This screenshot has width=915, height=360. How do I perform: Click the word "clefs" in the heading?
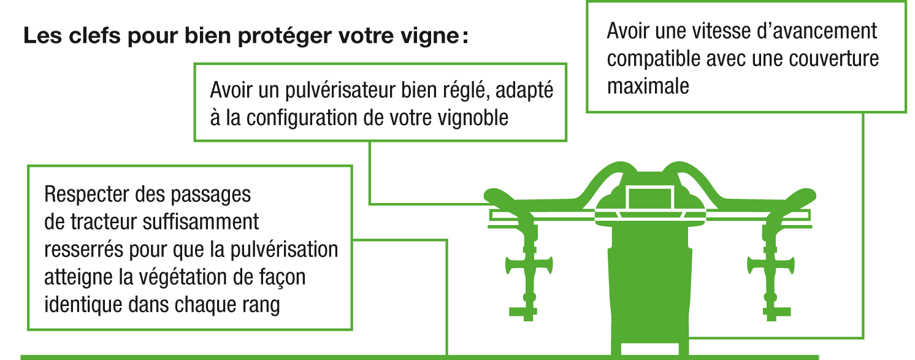coord(94,36)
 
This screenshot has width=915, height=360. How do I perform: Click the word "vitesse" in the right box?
coord(720,31)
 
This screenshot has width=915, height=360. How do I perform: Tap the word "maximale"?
coord(648,86)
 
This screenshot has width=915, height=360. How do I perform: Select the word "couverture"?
coord(833,58)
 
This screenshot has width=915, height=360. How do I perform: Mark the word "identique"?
coord(83,305)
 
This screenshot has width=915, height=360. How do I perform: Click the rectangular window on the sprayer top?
coord(649,198)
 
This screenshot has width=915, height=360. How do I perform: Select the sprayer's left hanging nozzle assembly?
coord(529,270)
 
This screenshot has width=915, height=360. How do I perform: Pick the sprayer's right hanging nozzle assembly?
coord(771,270)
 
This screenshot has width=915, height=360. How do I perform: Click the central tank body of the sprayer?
coord(649,286)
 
